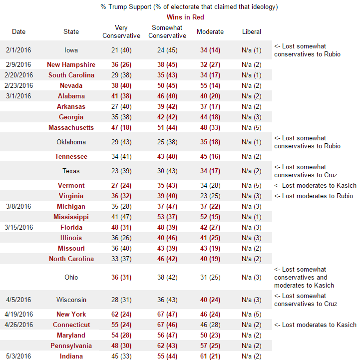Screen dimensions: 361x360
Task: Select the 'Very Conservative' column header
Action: click(x=121, y=31)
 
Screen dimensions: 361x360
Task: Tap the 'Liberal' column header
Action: click(x=251, y=31)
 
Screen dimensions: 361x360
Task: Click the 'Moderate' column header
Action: click(x=210, y=31)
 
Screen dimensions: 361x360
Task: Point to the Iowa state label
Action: click(x=71, y=50)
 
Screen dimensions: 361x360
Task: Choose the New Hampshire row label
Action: click(x=71, y=64)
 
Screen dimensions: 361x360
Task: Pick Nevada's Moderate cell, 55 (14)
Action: click(x=210, y=85)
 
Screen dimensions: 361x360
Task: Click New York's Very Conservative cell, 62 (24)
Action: click(x=121, y=314)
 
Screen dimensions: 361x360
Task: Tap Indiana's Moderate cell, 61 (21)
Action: click(x=210, y=356)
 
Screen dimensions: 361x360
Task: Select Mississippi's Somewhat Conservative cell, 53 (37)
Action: click(x=168, y=217)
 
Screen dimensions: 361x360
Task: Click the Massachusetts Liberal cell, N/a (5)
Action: click(x=251, y=127)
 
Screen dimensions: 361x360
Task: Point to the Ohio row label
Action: click(x=71, y=277)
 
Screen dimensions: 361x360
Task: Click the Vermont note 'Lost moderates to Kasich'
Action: click(x=315, y=185)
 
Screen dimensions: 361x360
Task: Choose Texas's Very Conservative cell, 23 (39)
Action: click(x=121, y=171)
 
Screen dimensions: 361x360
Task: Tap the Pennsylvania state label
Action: click(x=71, y=346)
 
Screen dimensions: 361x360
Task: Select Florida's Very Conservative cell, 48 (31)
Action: click(x=121, y=227)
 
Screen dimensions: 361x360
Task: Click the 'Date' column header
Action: click(x=18, y=31)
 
